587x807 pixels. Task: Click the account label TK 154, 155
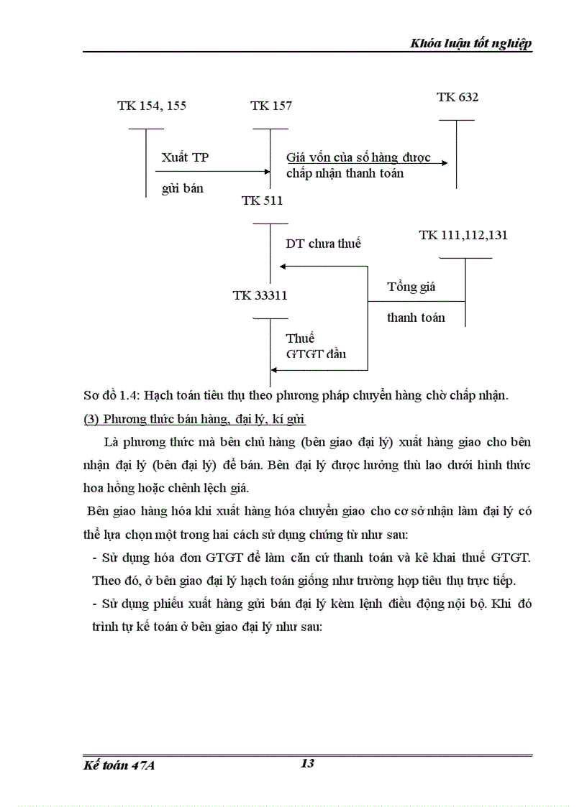pyautogui.click(x=152, y=106)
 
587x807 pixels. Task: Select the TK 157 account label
pyautogui.click(x=271, y=106)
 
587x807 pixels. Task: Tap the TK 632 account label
pyautogui.click(x=458, y=97)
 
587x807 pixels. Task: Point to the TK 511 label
pyautogui.click(x=263, y=200)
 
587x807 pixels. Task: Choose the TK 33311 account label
pyautogui.click(x=260, y=295)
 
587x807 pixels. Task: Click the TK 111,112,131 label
pyautogui.click(x=464, y=235)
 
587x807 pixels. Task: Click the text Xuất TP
pyautogui.click(x=186, y=157)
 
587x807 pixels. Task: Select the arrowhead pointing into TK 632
pyautogui.click(x=445, y=163)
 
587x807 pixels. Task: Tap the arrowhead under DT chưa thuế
pyautogui.click(x=283, y=267)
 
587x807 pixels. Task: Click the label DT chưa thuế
pyautogui.click(x=323, y=244)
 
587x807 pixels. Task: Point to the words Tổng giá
pyautogui.click(x=411, y=287)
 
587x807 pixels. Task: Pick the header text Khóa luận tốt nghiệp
pyautogui.click(x=471, y=44)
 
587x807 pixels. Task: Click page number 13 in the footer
pyautogui.click(x=307, y=763)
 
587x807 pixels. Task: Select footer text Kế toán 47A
pyautogui.click(x=119, y=766)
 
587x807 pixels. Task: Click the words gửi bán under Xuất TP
pyautogui.click(x=183, y=188)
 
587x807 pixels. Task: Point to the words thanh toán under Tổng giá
pyautogui.click(x=416, y=317)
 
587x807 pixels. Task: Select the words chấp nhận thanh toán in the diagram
pyautogui.click(x=345, y=173)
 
